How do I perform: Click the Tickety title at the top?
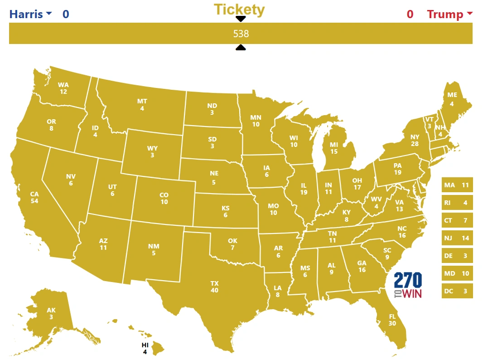coord(239,9)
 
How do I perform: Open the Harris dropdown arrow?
coord(49,14)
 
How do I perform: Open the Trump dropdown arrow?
coord(469,14)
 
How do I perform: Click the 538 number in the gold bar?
coord(241,34)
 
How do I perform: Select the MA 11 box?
coord(457,185)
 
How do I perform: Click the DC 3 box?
coord(457,291)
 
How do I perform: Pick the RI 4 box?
coord(457,203)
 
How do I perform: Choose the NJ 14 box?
coord(457,238)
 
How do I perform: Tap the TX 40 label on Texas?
coord(214,287)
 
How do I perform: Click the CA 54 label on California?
coord(34,198)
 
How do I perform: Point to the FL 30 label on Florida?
coord(392,320)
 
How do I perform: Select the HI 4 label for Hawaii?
coord(145,348)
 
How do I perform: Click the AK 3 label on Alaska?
coord(51,314)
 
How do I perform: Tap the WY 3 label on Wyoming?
coord(152,152)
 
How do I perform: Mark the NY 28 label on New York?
coord(415,140)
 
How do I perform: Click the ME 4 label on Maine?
coord(452,99)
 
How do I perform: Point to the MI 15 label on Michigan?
coord(334,148)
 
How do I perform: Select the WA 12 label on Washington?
coord(63,88)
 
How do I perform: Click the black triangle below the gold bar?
coord(241,48)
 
